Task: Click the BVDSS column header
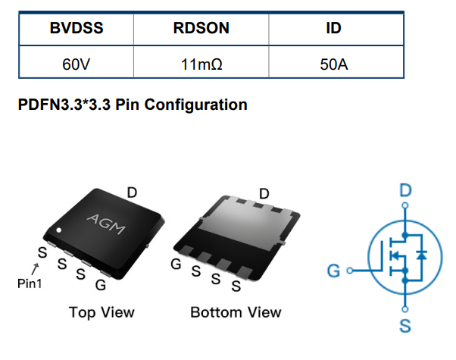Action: [x=77, y=29]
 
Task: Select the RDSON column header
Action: [x=201, y=29]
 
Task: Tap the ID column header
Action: [x=333, y=29]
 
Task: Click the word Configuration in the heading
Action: [x=197, y=105]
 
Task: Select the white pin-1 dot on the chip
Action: [x=58, y=230]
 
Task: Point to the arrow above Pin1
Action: [x=36, y=268]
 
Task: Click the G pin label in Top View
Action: [x=101, y=286]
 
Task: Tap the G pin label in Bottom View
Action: [x=176, y=265]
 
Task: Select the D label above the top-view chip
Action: [x=132, y=193]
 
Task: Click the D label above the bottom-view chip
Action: [x=264, y=193]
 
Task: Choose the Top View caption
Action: [x=102, y=312]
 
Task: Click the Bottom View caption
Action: [x=236, y=312]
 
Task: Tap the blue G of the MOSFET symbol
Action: [x=333, y=270]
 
